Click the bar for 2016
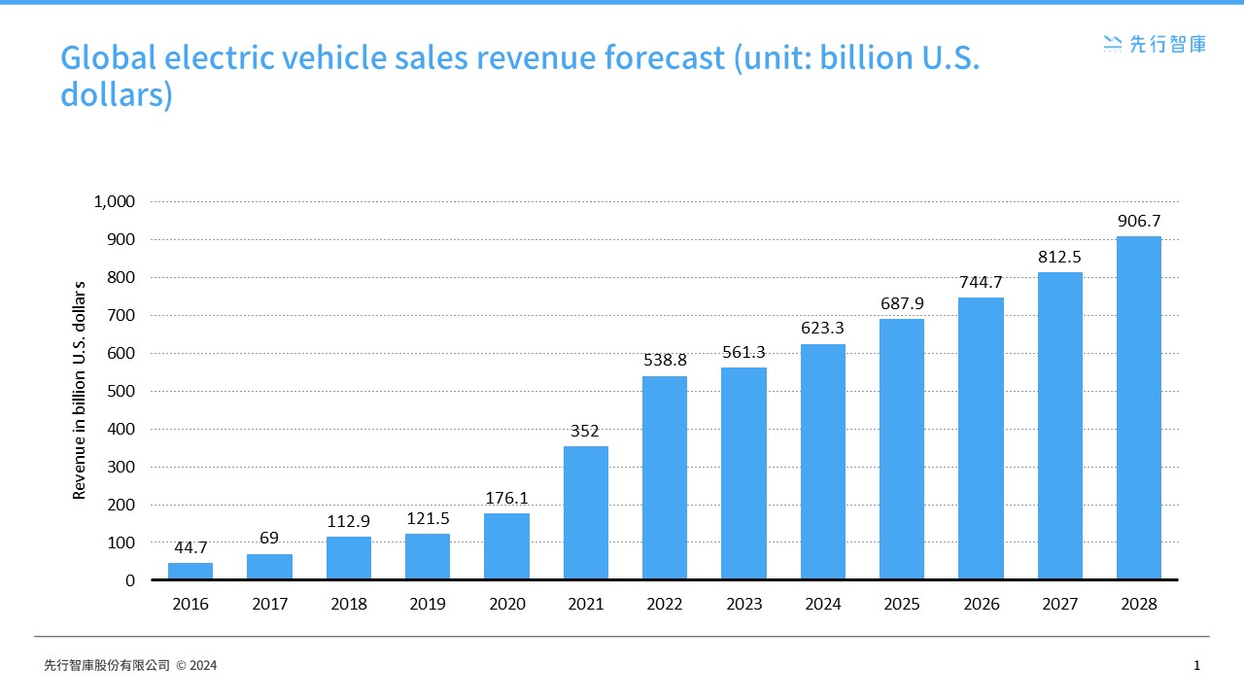pyautogui.click(x=190, y=571)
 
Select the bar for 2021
pyautogui.click(x=586, y=512)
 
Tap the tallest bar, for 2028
pyautogui.click(x=1139, y=407)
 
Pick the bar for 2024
pyautogui.click(x=823, y=462)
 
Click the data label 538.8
pyautogui.click(x=665, y=360)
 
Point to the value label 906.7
pyautogui.click(x=1139, y=221)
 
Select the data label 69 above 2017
pyautogui.click(x=269, y=538)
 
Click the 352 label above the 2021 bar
pyautogui.click(x=585, y=431)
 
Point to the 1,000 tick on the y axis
pyautogui.click(x=114, y=202)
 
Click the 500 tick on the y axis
pyautogui.click(x=121, y=392)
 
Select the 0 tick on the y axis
pyautogui.click(x=130, y=580)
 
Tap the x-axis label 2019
pyautogui.click(x=428, y=604)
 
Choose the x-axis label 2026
pyautogui.click(x=981, y=604)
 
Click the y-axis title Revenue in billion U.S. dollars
pyautogui.click(x=80, y=391)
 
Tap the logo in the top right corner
pyautogui.click(x=1155, y=43)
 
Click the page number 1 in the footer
pyautogui.click(x=1196, y=666)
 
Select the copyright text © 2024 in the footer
pyautogui.click(x=196, y=666)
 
